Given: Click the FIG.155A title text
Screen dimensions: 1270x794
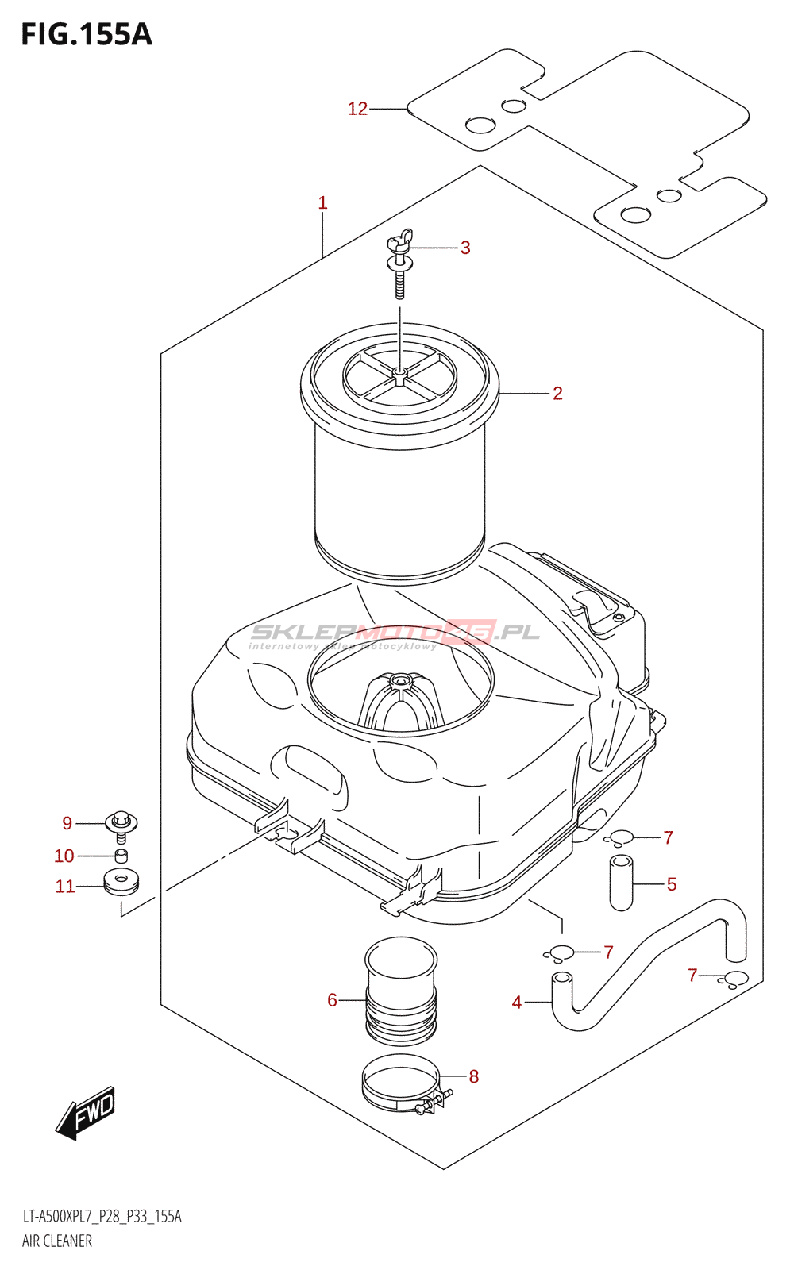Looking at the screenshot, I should [86, 34].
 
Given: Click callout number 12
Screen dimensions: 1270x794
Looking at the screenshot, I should [357, 109].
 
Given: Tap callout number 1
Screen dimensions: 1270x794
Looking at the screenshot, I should [322, 203].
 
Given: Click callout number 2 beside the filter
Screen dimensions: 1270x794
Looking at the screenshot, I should [557, 394].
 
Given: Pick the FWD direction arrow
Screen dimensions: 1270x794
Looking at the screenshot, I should [86, 1112].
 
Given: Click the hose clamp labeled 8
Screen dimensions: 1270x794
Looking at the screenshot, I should [401, 1085].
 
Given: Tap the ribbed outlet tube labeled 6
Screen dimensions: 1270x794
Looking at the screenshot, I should [401, 991].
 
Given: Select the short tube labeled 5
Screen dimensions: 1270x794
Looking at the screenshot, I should [621, 882].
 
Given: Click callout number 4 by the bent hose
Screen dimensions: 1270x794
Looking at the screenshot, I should [517, 1003].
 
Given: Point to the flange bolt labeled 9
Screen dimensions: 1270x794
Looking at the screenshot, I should [121, 823].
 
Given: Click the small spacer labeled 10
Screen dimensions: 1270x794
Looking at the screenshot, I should [121, 856].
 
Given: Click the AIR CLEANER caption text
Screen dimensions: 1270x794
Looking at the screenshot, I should [57, 1241].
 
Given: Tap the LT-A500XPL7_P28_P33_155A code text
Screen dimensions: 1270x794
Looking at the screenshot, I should [102, 1217].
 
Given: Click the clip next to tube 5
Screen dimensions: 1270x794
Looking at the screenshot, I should [619, 837].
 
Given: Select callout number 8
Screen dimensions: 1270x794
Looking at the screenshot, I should [474, 1076].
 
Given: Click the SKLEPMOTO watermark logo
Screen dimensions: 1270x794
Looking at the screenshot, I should [395, 633].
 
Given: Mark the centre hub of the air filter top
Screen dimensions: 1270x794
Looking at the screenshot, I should [400, 372].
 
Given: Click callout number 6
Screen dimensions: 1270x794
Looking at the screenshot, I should [332, 1000].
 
